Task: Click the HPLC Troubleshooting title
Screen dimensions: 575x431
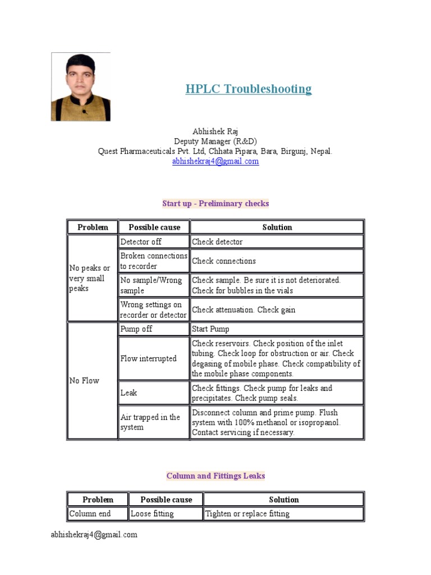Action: click(249, 89)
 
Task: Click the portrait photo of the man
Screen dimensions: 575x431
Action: click(81, 87)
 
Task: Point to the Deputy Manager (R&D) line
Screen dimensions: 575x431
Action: click(215, 142)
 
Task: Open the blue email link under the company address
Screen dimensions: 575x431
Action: click(215, 162)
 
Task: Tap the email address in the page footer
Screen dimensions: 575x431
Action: click(94, 535)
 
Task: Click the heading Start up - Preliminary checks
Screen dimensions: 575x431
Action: click(215, 203)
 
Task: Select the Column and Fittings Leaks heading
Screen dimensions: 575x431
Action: click(215, 476)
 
